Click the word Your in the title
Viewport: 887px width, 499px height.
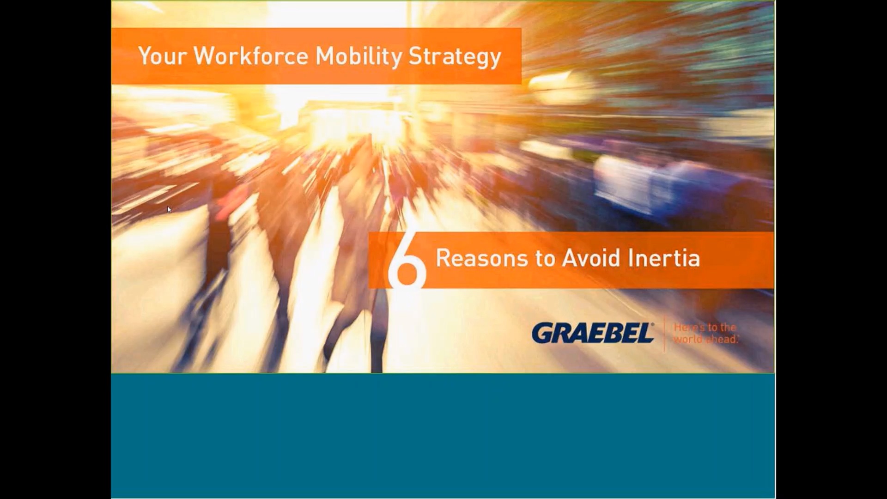click(162, 56)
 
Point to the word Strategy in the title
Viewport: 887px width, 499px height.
click(455, 57)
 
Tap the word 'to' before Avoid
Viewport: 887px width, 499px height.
click(545, 258)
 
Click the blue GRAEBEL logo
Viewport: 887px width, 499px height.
click(592, 333)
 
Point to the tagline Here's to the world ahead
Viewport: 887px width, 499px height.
click(705, 333)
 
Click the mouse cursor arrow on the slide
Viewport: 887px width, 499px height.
click(169, 209)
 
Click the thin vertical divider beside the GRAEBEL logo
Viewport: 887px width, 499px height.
click(664, 334)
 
